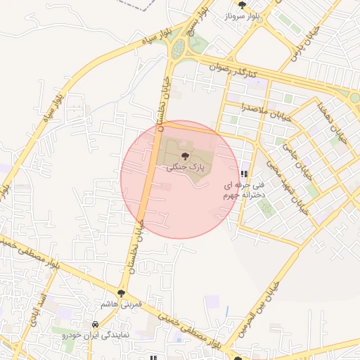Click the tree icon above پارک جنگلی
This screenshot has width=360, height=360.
pos(184,156)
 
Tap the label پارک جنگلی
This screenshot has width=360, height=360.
pos(184,168)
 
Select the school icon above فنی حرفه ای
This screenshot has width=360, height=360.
pos(244,174)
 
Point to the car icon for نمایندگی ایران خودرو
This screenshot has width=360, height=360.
pos(95,324)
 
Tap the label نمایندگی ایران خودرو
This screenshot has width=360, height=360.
pos(95,336)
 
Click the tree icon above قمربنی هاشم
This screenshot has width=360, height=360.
pos(122,292)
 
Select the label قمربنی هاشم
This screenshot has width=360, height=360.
pos(122,304)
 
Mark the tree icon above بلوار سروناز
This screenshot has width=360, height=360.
pos(243,5)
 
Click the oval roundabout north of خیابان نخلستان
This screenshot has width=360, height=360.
pos(179,49)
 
